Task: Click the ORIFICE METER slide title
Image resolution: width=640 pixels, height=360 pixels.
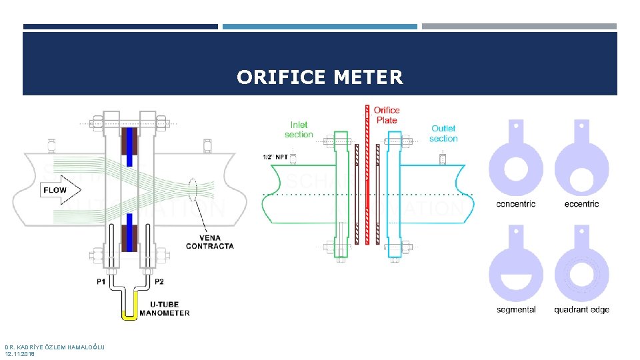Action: (x=320, y=77)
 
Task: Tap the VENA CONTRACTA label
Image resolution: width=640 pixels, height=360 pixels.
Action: (x=209, y=242)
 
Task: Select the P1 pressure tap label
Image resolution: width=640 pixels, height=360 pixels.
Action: (x=101, y=282)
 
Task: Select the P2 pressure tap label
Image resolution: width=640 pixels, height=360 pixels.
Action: (x=160, y=282)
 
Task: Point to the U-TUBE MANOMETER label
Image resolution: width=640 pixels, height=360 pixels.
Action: (x=165, y=309)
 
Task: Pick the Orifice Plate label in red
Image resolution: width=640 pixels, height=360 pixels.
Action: (x=387, y=115)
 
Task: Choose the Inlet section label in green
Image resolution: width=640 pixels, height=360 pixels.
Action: (x=299, y=129)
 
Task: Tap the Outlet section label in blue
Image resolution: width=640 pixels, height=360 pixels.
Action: (x=443, y=133)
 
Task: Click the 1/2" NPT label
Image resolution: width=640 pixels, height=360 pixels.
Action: (x=275, y=157)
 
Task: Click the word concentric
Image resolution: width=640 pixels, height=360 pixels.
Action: (x=516, y=204)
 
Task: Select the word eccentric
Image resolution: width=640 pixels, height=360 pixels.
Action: (x=581, y=204)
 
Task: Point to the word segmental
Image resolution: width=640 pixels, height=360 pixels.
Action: (x=516, y=309)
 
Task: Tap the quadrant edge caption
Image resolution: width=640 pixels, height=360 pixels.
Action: (x=581, y=309)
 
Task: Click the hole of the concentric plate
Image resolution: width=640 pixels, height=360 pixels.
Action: (x=516, y=165)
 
